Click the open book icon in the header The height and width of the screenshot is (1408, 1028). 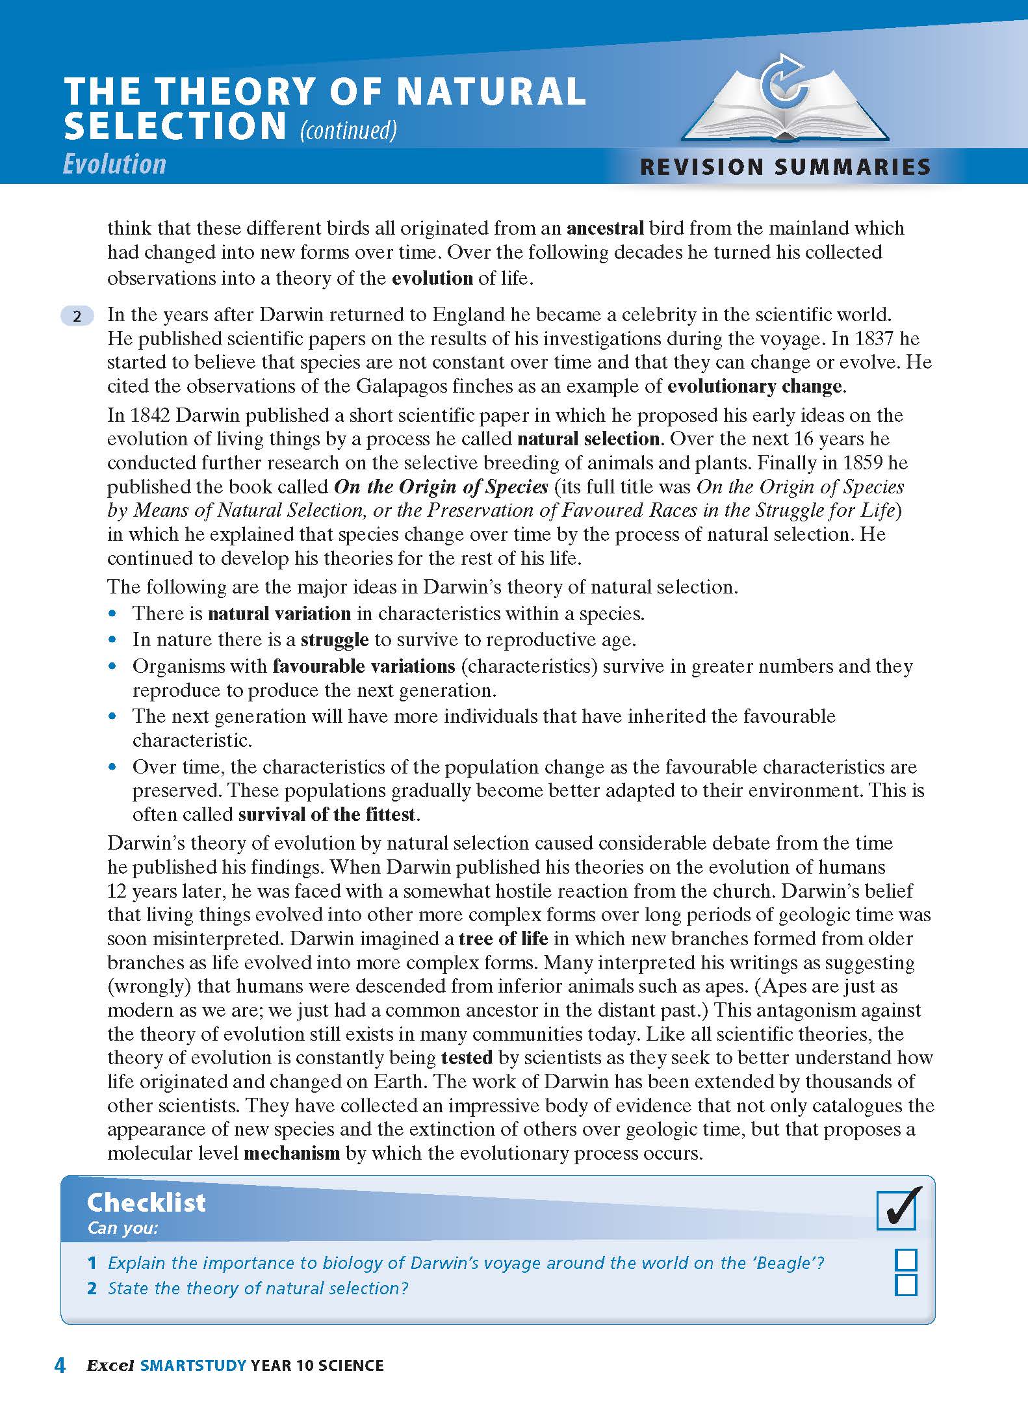click(785, 111)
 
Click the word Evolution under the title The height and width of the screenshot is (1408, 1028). click(114, 164)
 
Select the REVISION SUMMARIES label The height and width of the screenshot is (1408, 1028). click(785, 167)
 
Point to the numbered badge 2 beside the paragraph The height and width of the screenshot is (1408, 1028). click(77, 316)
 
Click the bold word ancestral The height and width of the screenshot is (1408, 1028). click(605, 228)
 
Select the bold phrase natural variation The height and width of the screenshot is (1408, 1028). click(279, 614)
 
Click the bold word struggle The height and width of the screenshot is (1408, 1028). click(335, 640)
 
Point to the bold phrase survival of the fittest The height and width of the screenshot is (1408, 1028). click(327, 815)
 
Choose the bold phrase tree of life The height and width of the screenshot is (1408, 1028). click(503, 939)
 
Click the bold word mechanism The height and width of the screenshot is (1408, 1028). click(292, 1154)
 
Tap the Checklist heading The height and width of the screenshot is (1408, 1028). click(146, 1203)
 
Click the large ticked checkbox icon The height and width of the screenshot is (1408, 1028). click(897, 1208)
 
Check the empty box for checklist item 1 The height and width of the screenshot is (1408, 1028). click(906, 1260)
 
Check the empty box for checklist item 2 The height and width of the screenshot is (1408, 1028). click(906, 1285)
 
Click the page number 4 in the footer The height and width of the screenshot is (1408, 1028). click(60, 1365)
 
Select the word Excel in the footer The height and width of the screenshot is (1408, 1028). click(110, 1365)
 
